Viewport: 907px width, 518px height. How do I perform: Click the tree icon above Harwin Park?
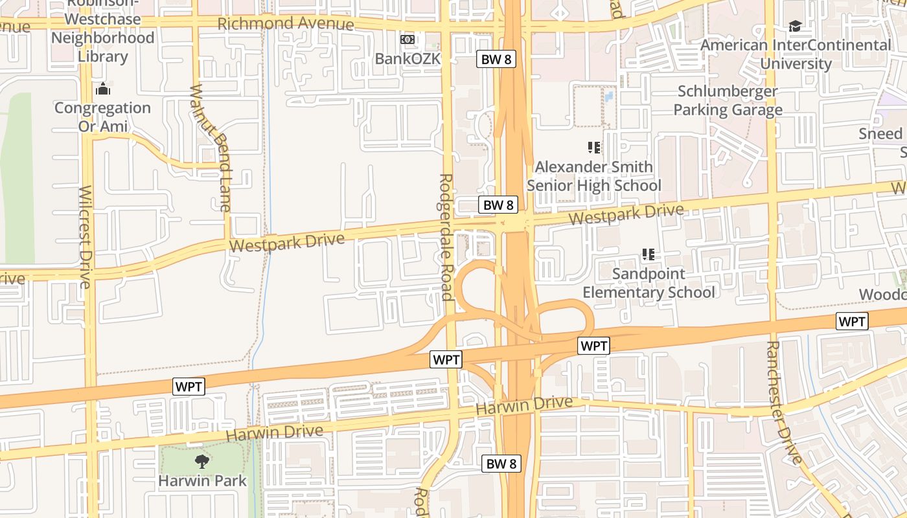click(x=202, y=462)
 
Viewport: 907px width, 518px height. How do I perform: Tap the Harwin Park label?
click(x=203, y=481)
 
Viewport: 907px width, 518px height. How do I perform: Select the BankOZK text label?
click(x=408, y=59)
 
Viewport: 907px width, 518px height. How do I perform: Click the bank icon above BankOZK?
click(x=408, y=40)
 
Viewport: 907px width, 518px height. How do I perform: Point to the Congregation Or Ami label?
click(x=102, y=117)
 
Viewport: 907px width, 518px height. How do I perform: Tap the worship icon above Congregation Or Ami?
click(x=102, y=89)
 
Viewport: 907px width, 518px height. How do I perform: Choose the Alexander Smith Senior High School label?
click(x=594, y=176)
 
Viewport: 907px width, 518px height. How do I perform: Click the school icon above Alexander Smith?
click(x=593, y=148)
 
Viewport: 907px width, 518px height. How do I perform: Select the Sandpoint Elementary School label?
click(x=649, y=283)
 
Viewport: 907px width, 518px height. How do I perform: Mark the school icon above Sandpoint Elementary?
click(x=648, y=254)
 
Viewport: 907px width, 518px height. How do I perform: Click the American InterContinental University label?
click(x=796, y=54)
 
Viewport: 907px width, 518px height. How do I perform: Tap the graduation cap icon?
click(x=795, y=27)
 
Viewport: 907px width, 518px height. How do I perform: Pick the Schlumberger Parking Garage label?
click(x=728, y=100)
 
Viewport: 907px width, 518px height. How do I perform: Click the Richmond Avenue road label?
click(x=286, y=24)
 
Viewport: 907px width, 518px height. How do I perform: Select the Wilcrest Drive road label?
click(x=86, y=236)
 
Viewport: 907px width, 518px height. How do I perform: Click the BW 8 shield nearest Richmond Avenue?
click(x=497, y=60)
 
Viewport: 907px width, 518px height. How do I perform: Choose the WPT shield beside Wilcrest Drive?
click(x=189, y=387)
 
